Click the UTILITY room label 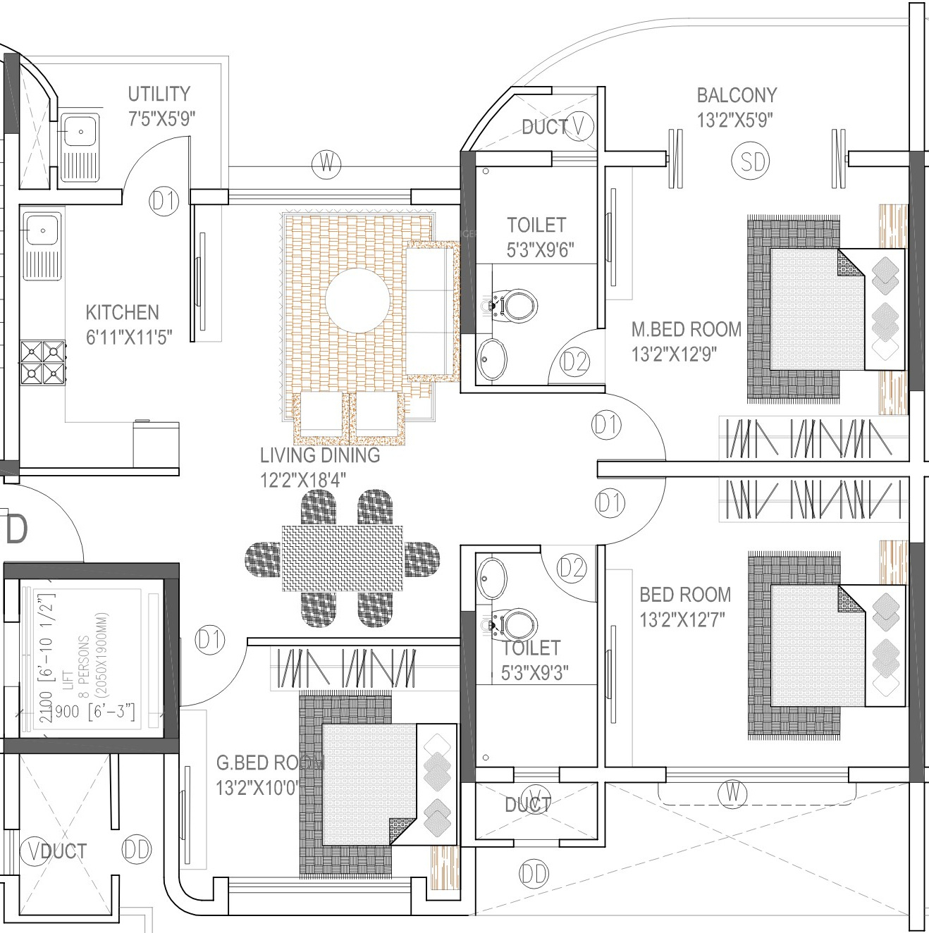click(x=159, y=94)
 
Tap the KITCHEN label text click(x=123, y=312)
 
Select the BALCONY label click(x=737, y=95)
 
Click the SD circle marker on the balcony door click(x=752, y=162)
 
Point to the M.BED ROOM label click(x=686, y=329)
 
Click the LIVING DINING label click(x=320, y=455)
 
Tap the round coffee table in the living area click(x=358, y=301)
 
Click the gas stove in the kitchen click(x=43, y=362)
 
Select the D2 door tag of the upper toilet click(x=574, y=362)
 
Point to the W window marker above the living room click(x=326, y=164)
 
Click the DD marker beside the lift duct click(x=137, y=850)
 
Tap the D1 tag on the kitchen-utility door click(x=164, y=202)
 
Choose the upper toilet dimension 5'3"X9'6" click(x=540, y=249)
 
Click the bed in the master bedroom click(x=818, y=309)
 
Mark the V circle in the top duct click(x=579, y=125)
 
